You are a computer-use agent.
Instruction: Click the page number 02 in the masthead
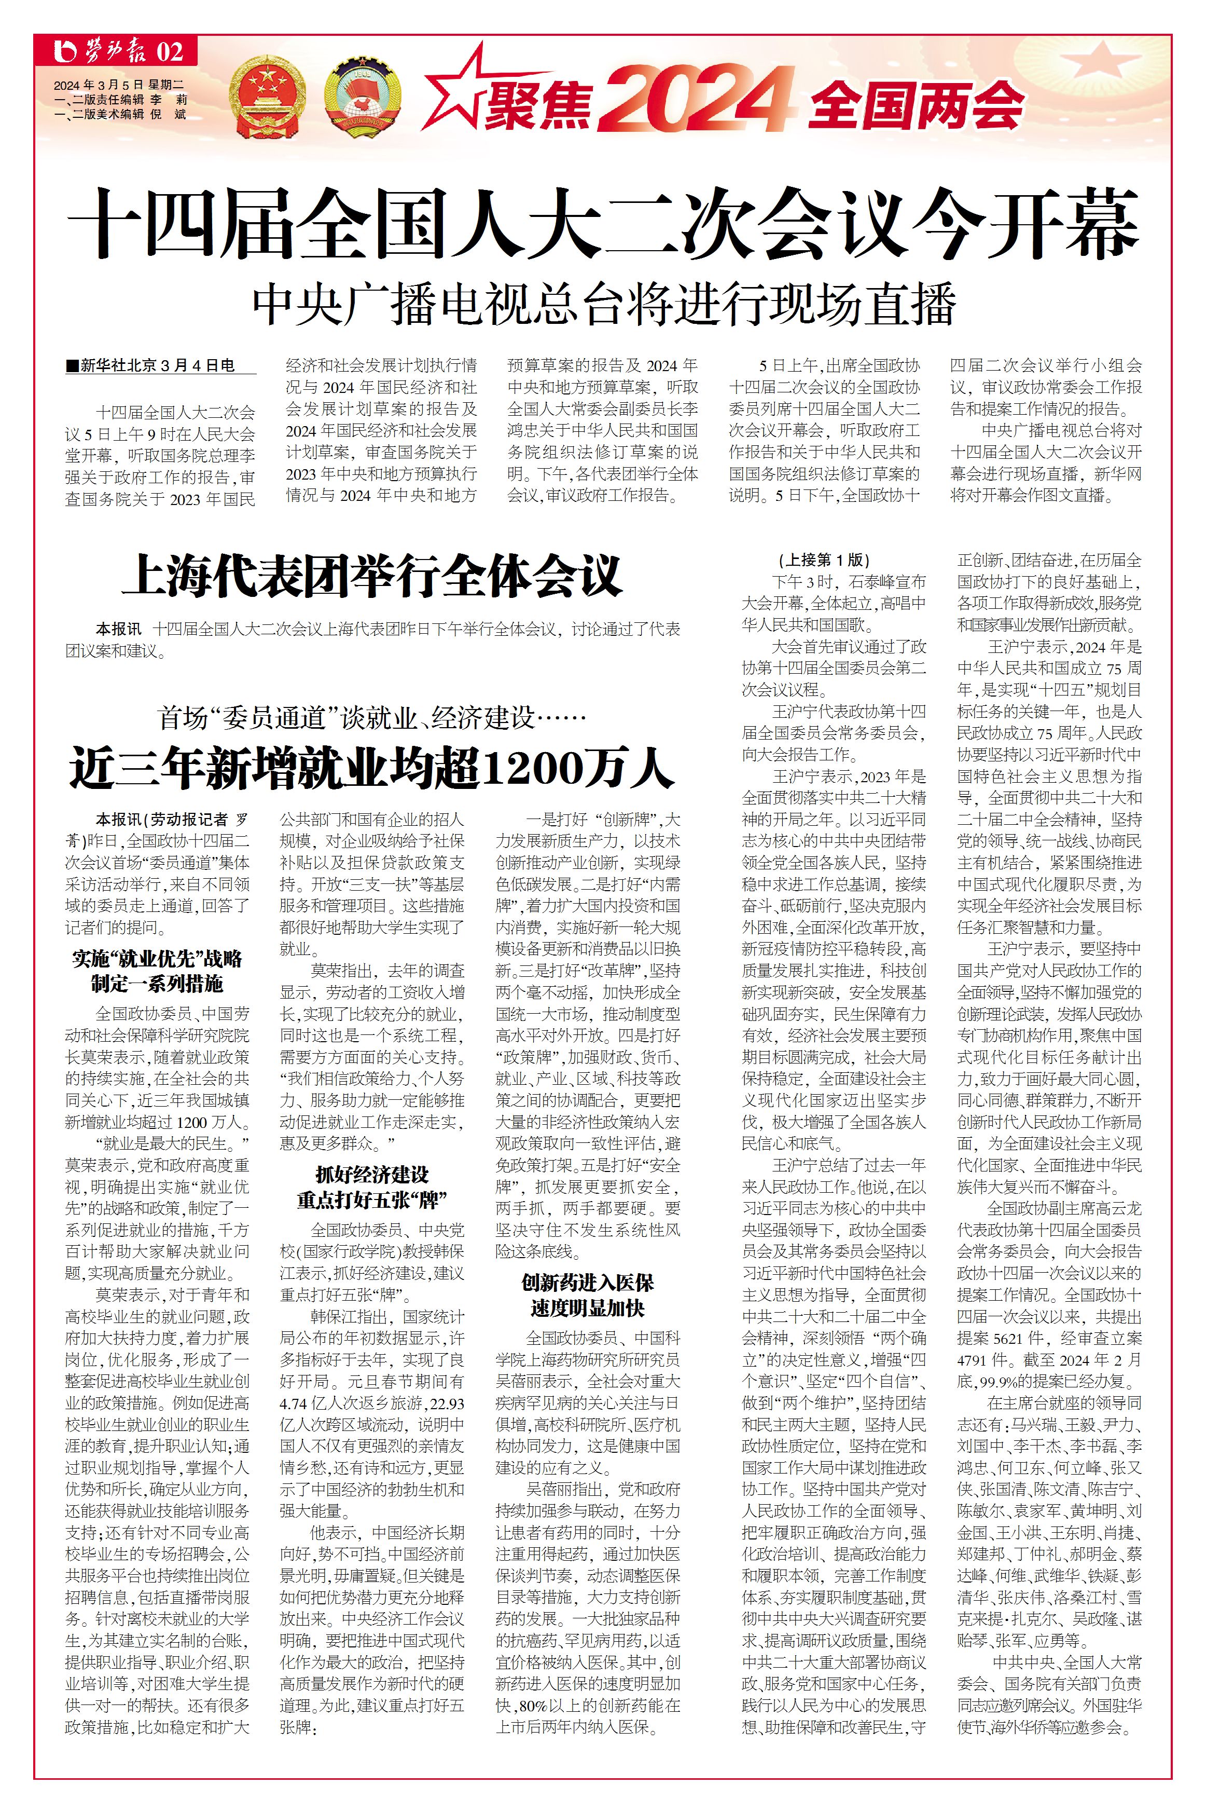click(170, 52)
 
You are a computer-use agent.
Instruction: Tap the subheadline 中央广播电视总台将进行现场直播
click(604, 305)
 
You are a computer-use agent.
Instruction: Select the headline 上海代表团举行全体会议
click(372, 576)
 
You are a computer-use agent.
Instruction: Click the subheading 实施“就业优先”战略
click(158, 959)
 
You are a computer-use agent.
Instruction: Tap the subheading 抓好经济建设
click(372, 1174)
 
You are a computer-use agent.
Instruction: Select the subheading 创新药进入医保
click(588, 1282)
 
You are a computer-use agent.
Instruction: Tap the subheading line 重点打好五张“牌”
click(372, 1199)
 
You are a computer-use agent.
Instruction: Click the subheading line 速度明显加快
click(588, 1307)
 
